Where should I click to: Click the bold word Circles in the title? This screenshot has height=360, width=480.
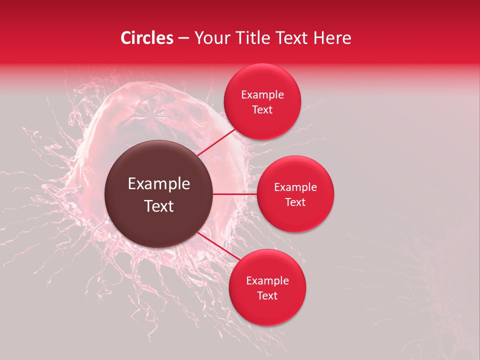147,38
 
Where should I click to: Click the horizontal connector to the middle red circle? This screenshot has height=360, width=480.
235,194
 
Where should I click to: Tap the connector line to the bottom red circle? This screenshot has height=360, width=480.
216,245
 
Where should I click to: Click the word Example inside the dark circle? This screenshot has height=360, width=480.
159,184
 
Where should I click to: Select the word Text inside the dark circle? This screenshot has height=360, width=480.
159,206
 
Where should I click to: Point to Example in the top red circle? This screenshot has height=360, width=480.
262,95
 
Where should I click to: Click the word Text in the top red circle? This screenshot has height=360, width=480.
262,110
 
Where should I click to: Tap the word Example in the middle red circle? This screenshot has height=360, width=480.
295,187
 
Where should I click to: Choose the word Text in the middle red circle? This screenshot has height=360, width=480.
295,202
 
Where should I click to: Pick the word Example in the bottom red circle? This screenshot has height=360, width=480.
267,281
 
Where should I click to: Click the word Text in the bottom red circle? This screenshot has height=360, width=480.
267,296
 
